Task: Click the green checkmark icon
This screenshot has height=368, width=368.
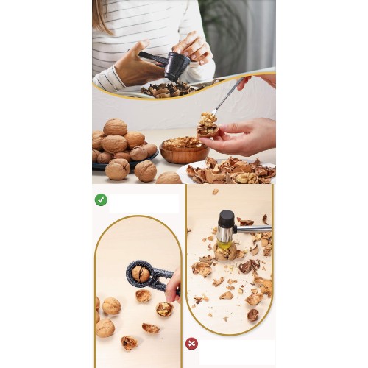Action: pos(101,199)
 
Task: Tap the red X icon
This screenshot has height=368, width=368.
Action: pos(191,343)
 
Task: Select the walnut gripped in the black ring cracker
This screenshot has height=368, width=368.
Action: pos(141,274)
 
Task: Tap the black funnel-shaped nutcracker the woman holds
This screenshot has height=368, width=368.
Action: pos(175,67)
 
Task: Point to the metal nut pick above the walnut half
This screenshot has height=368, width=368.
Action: pos(226,96)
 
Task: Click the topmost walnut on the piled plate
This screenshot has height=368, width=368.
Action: pos(115,127)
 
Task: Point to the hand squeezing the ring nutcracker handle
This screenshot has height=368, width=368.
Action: pos(173,286)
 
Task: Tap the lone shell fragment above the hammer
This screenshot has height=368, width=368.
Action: pos(215,191)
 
